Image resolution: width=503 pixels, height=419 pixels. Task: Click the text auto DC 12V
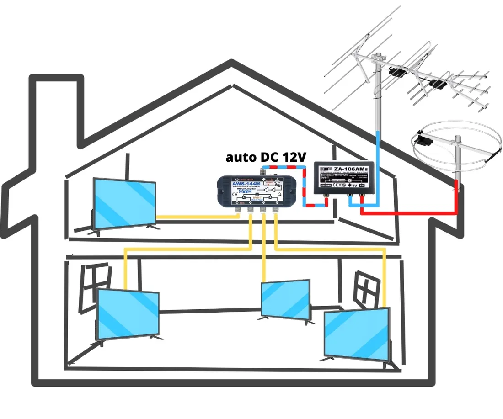[265, 157]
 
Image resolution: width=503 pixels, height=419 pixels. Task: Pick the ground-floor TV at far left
[128, 314]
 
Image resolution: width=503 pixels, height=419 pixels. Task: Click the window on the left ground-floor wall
[95, 286]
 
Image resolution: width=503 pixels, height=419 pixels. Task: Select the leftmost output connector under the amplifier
[238, 209]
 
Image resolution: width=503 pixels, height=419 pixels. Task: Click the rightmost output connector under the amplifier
[275, 209]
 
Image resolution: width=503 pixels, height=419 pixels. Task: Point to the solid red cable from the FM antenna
[412, 212]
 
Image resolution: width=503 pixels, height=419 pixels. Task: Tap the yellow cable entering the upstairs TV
[197, 217]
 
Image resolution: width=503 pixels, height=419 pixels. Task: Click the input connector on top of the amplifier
[263, 173]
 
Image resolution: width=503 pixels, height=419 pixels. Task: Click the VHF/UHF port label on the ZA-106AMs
[326, 186]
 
